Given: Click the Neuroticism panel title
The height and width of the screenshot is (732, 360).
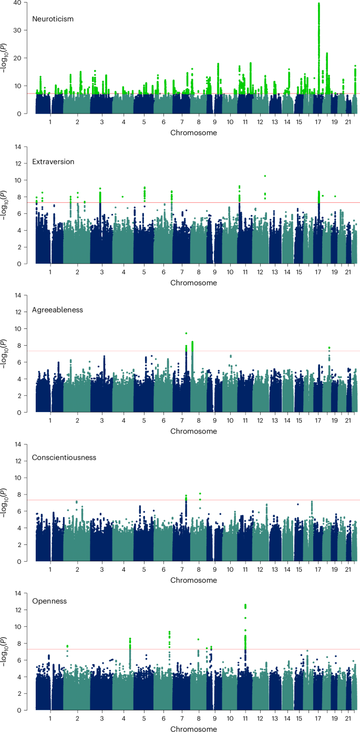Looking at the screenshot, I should [53, 19].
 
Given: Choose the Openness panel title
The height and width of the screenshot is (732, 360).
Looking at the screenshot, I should [49, 601].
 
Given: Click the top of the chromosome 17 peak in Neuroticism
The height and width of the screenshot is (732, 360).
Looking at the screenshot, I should [319, 4].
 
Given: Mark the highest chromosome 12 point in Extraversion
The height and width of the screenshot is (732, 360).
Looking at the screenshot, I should [265, 176].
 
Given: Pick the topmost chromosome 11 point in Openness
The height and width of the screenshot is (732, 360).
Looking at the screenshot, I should [245, 605].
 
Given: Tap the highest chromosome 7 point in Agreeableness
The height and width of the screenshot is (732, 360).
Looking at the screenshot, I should [186, 333].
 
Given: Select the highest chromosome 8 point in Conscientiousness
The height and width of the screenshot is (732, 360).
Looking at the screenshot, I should [200, 493].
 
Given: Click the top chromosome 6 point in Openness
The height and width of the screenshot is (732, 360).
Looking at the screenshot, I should [169, 632].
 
